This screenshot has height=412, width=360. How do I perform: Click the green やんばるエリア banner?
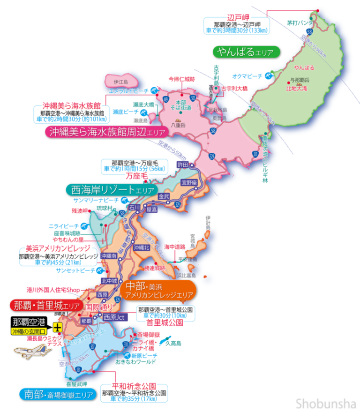tap(246, 52)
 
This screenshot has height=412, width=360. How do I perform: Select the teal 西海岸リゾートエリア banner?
tap(111, 190)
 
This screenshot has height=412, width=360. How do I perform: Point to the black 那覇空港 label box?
tap(29, 322)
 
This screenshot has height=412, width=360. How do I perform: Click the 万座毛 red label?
tap(136, 176)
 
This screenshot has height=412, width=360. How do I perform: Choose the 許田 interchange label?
tap(182, 165)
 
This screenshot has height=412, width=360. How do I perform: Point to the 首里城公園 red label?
tap(165, 323)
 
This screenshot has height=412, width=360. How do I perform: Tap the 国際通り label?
tap(98, 307)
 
